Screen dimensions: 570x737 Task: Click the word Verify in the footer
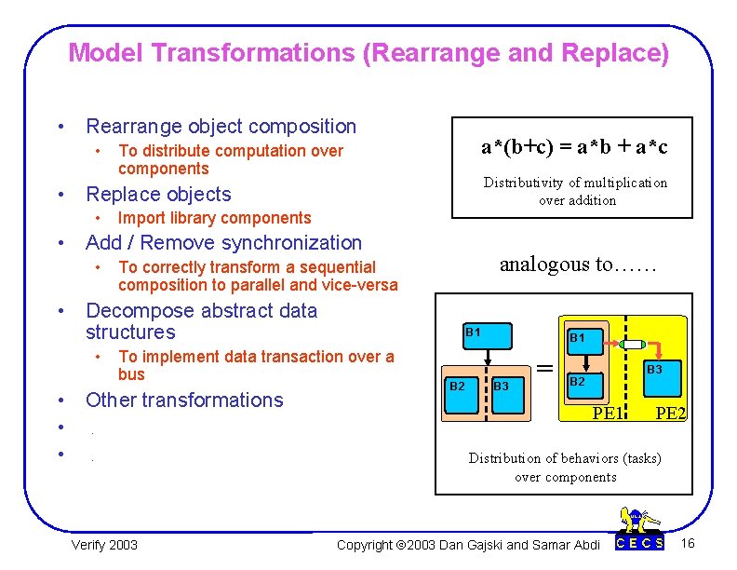click(88, 544)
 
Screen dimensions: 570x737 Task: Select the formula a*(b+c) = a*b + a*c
click(574, 146)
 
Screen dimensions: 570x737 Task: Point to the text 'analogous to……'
click(578, 264)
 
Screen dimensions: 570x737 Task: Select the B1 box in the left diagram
click(474, 332)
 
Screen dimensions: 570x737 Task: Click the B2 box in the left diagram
click(457, 386)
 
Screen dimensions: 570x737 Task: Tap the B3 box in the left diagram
click(501, 386)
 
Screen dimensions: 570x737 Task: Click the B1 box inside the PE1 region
click(578, 337)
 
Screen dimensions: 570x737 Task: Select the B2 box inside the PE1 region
click(578, 382)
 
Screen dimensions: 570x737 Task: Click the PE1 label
click(608, 412)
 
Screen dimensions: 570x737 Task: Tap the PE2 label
click(670, 412)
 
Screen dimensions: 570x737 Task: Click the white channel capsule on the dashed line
click(626, 344)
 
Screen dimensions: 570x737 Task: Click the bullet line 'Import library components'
click(214, 218)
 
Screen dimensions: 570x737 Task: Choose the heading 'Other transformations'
click(183, 400)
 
